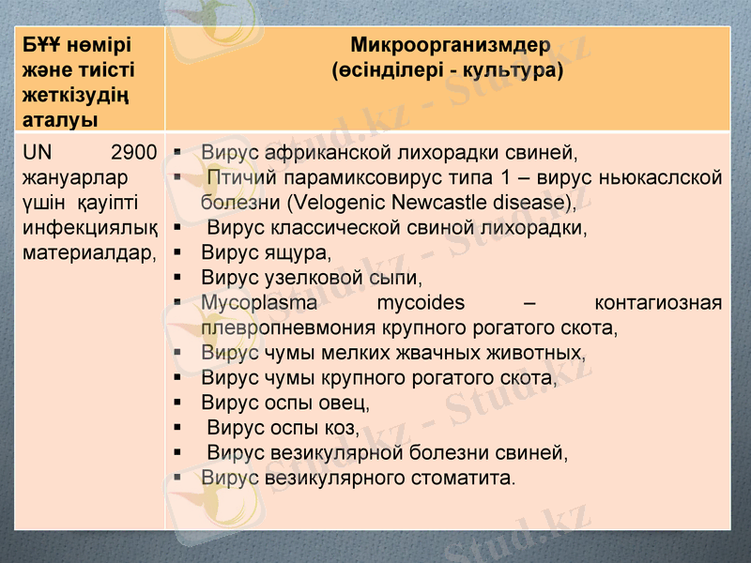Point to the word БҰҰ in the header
point(43,46)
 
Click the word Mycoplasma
point(259,303)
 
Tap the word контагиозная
point(658,303)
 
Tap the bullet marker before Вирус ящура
point(176,252)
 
